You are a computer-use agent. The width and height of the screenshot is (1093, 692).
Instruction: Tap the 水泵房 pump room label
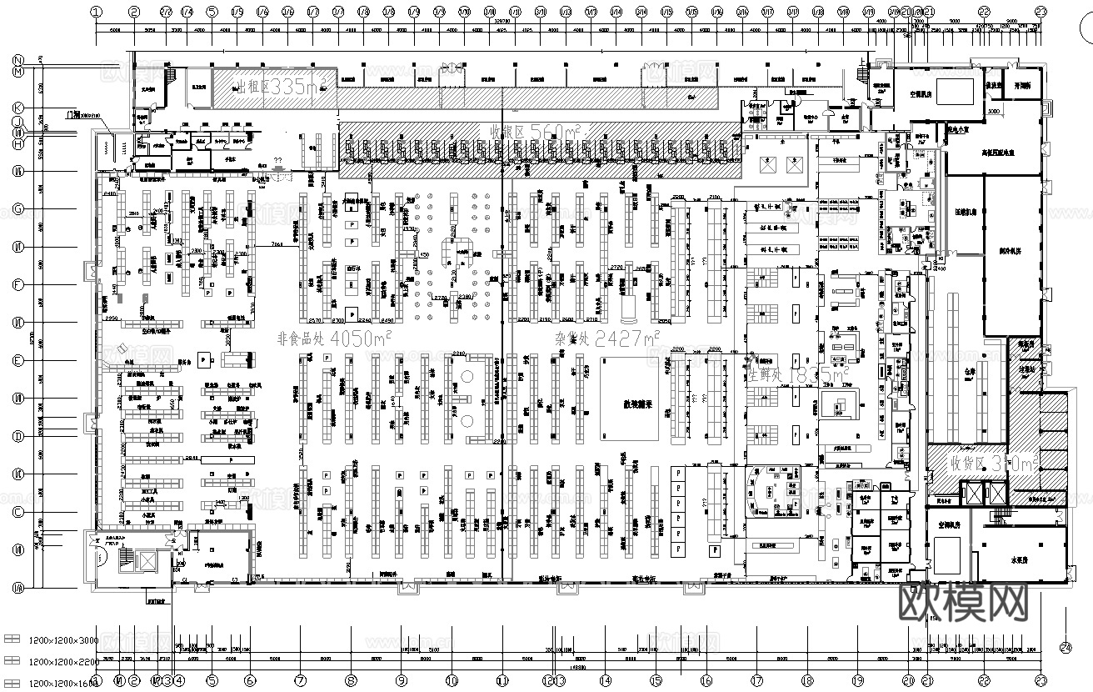(x=1022, y=561)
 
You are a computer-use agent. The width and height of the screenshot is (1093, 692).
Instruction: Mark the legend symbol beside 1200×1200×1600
(x=12, y=683)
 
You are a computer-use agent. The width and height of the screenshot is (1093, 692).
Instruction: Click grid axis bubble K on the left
(x=17, y=108)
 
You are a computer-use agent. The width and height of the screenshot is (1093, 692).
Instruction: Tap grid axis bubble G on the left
(x=17, y=209)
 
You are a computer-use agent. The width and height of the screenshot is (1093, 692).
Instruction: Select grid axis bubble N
(x=17, y=61)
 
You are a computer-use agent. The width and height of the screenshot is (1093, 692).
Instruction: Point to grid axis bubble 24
(x=1066, y=646)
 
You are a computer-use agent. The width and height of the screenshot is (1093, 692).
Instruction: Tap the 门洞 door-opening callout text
(x=77, y=114)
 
